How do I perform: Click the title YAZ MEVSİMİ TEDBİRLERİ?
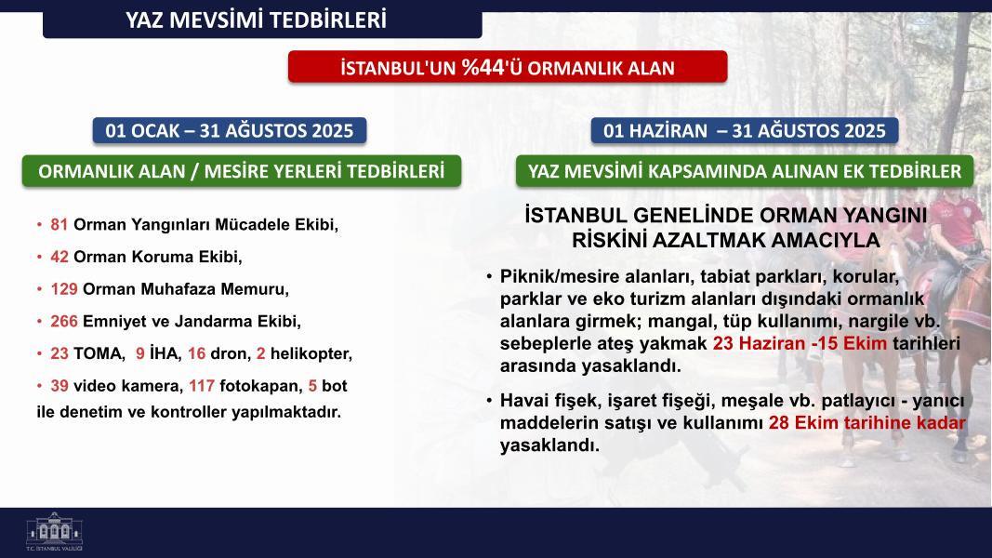point(256,20)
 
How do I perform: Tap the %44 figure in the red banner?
point(484,67)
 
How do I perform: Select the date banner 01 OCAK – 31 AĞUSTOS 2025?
point(229,131)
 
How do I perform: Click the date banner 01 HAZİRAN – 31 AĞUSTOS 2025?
point(744,131)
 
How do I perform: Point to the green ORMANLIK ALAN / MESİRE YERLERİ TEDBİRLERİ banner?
point(241,171)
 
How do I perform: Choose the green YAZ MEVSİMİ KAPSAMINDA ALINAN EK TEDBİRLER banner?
point(745,171)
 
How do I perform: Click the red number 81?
point(59,224)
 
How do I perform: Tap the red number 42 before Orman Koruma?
point(60,257)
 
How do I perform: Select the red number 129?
point(64,289)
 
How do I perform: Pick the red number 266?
point(64,322)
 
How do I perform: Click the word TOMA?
point(99,353)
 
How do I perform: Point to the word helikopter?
point(311,353)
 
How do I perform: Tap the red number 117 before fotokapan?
point(202,386)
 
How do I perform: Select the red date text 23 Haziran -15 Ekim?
point(800,343)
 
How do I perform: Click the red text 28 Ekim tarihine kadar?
point(867,422)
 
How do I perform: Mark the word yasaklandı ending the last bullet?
point(549,445)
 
